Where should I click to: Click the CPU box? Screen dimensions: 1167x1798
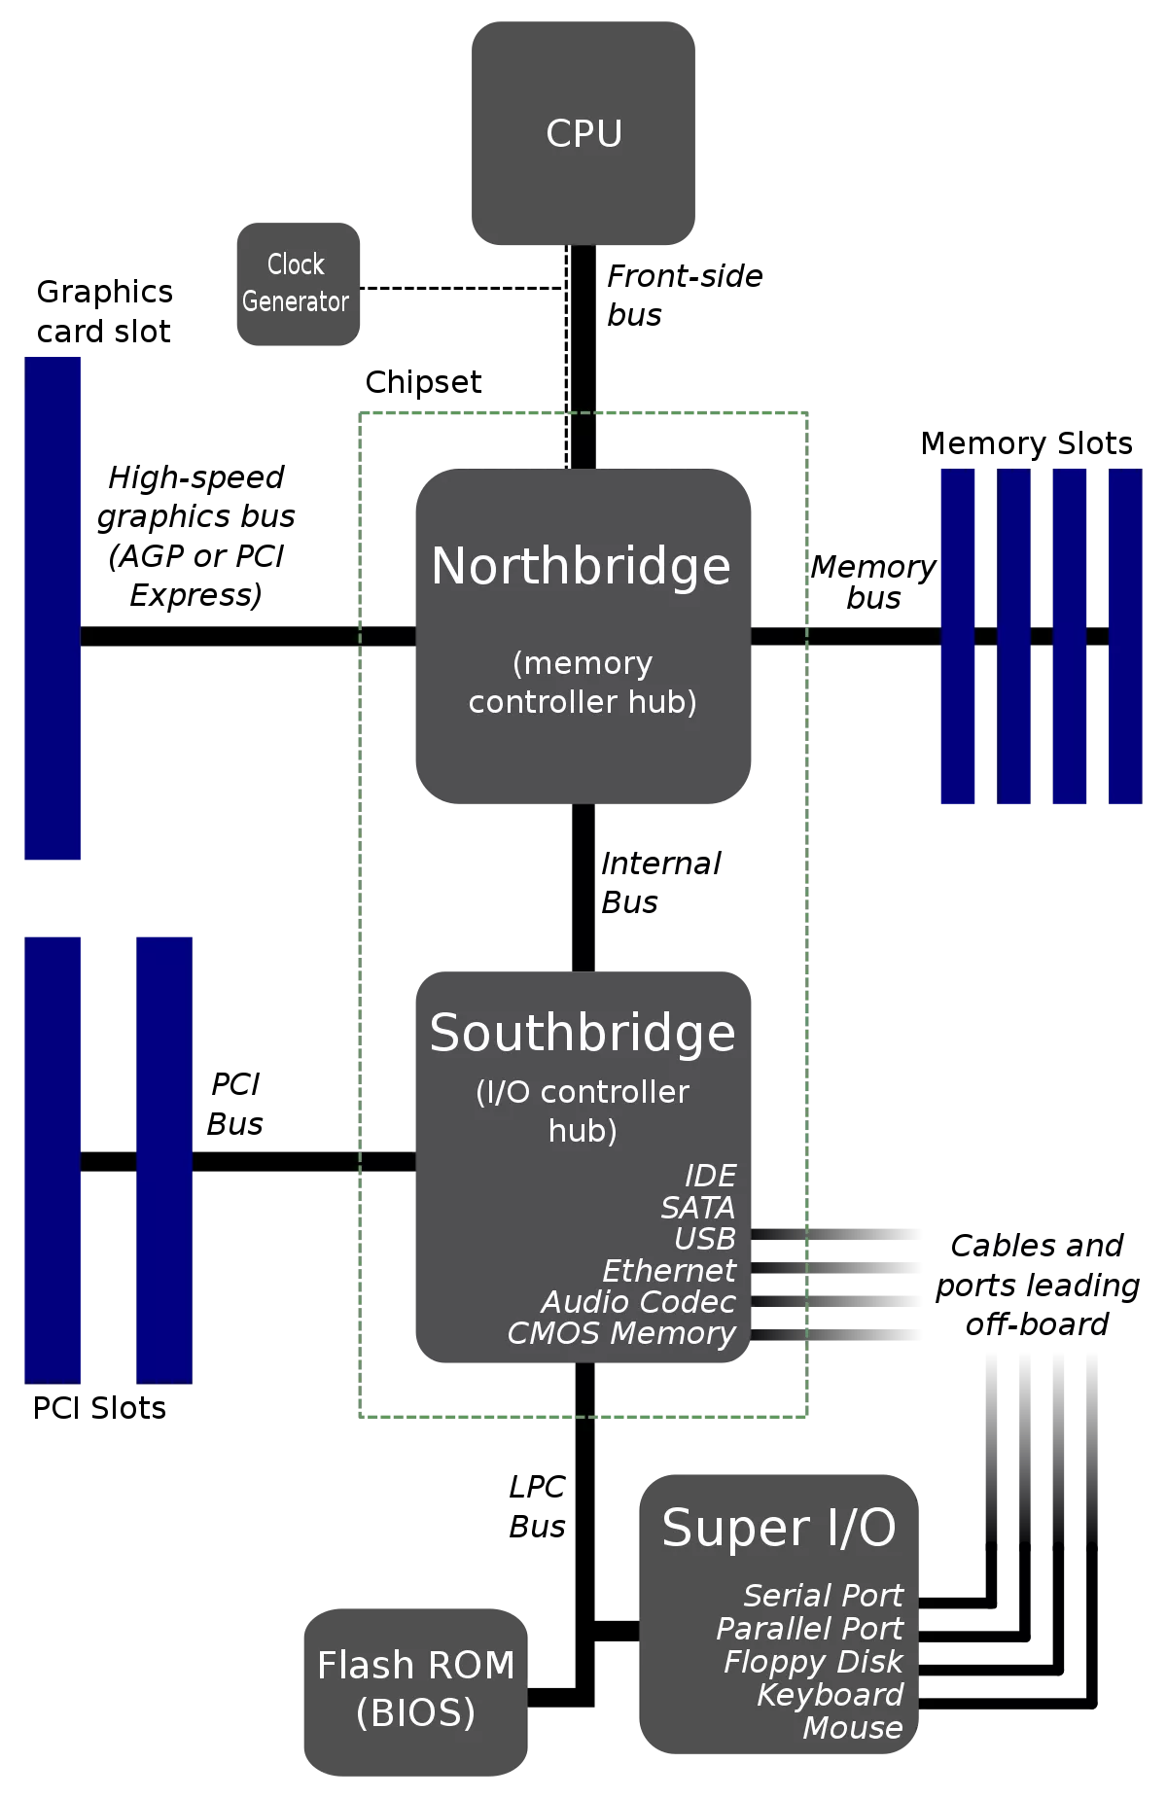[x=583, y=133]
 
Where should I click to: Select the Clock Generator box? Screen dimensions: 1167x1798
[x=299, y=284]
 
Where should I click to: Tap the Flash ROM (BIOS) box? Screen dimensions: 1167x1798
[x=415, y=1692]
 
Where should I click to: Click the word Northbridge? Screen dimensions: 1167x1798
[x=581, y=566]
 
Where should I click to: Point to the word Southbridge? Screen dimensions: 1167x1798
[x=583, y=1033]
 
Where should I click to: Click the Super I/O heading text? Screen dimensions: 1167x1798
[x=779, y=1528]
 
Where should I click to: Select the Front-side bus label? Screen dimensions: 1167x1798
[x=685, y=296]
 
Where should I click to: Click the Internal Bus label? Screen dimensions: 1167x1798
[x=661, y=883]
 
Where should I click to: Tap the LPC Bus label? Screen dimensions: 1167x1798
[x=537, y=1506]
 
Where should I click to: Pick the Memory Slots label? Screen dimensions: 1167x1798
[x=1026, y=443]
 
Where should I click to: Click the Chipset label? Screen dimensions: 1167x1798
[x=423, y=382]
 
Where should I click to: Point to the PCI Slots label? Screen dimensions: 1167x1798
[x=99, y=1408]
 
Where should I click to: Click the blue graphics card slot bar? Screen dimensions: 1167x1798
[x=53, y=608]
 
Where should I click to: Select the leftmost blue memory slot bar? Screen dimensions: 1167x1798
[x=958, y=636]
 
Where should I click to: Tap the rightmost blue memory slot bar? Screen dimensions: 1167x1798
[x=1125, y=636]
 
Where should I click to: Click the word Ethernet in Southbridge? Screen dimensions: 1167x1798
[x=669, y=1270]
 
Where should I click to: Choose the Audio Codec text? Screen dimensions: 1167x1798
[x=638, y=1301]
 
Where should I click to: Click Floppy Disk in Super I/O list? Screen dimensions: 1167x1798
[x=813, y=1662]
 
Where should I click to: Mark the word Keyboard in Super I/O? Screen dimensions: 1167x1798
[x=831, y=1695]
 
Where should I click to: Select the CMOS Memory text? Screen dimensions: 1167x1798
[x=621, y=1333]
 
